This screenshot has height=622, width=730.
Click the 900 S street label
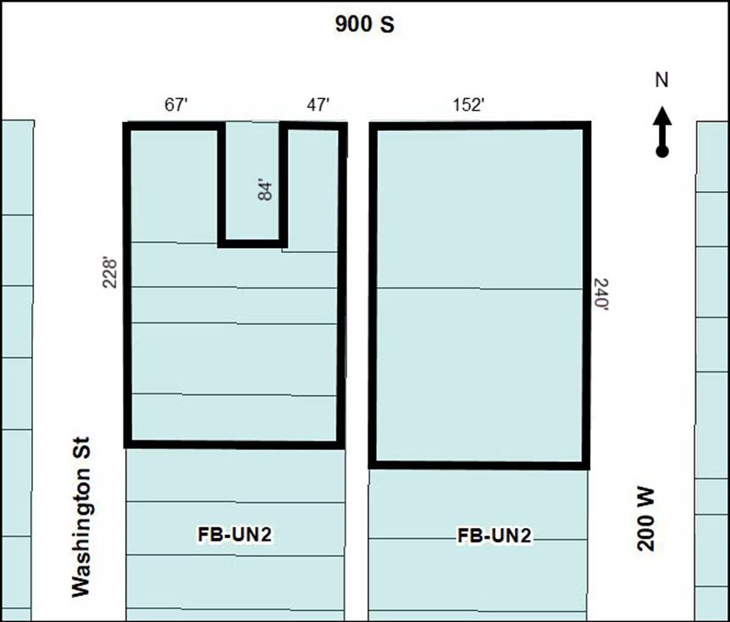pos(364,25)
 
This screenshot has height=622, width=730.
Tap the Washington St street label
pos(80,517)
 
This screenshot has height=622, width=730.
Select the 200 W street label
pos(645,520)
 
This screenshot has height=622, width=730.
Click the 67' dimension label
pos(176,105)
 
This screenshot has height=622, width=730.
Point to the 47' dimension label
pos(318,105)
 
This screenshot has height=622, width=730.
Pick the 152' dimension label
pos(469,105)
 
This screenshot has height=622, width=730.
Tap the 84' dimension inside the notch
pos(265,190)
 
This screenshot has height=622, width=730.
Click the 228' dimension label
pos(109,273)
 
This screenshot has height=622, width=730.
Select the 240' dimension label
pos(601,294)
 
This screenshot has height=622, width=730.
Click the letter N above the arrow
pos(661,80)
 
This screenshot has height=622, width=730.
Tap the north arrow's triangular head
pos(662,116)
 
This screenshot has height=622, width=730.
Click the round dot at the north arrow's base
pos(662,151)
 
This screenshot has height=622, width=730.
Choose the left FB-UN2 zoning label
pos(235,535)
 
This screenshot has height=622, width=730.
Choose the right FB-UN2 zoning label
pos(494,536)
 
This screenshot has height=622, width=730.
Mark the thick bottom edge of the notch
pos(252,244)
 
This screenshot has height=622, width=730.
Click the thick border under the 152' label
pos(480,125)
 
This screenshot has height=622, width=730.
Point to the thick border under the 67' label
pos(174,126)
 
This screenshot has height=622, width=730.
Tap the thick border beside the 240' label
pos(587,295)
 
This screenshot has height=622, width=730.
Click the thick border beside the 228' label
pos(128,284)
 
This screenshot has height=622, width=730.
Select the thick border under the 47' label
pos(313,126)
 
